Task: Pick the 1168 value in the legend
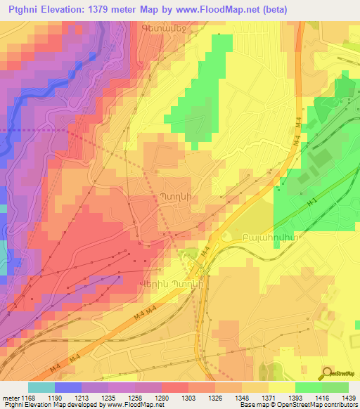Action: (x=26, y=397)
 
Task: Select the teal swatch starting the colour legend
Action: (x=41, y=387)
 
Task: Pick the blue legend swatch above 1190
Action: (x=67, y=387)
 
